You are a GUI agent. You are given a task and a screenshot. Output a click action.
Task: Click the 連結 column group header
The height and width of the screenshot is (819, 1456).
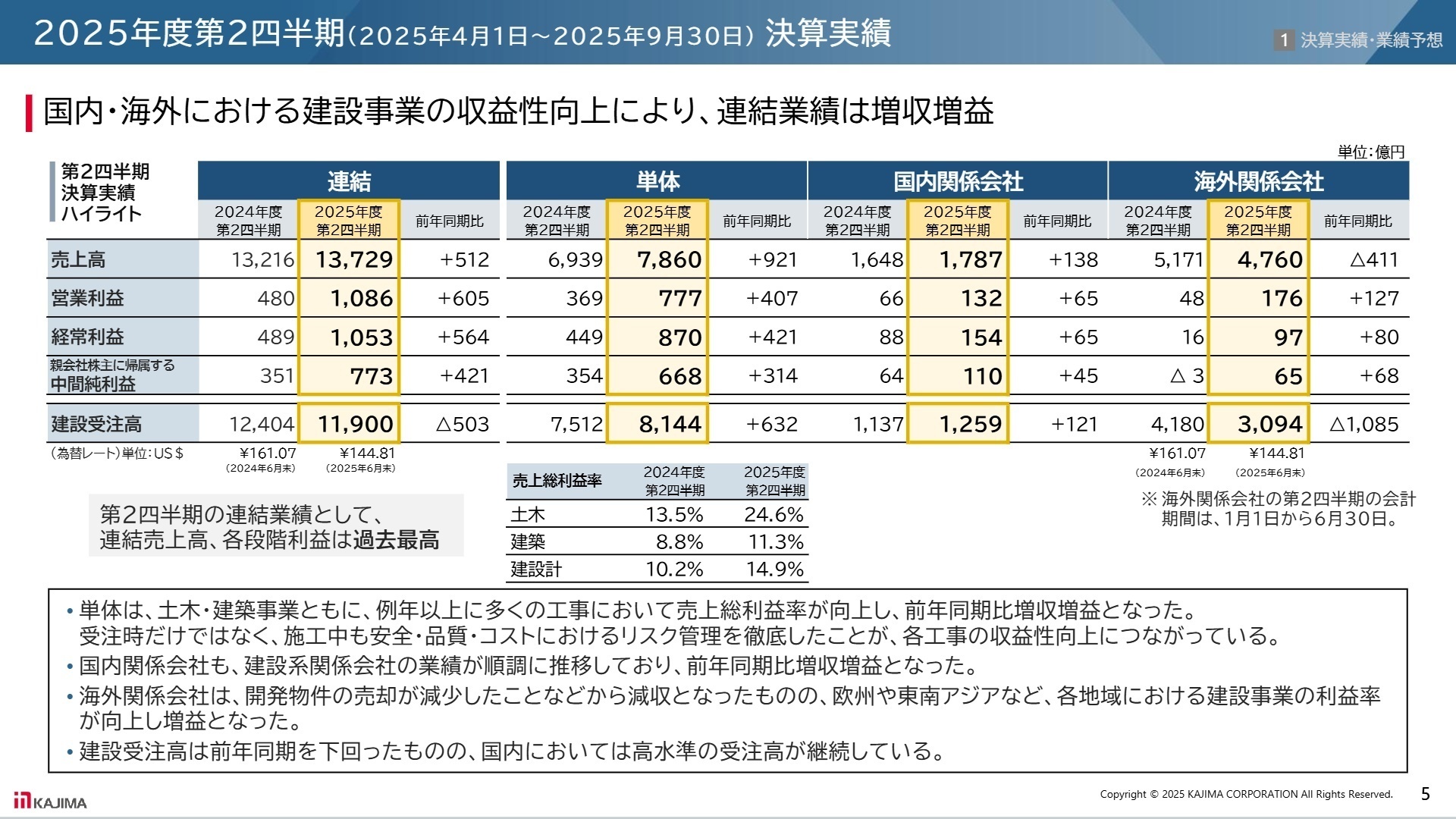(349, 181)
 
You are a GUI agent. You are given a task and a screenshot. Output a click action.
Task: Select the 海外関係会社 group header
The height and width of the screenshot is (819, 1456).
(1258, 181)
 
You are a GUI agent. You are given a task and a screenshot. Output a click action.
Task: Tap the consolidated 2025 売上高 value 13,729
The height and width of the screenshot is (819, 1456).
(354, 259)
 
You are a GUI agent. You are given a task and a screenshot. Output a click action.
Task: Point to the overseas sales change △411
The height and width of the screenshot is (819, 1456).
(1373, 259)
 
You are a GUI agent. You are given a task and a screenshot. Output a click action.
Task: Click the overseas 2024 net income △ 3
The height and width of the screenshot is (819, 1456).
(1187, 375)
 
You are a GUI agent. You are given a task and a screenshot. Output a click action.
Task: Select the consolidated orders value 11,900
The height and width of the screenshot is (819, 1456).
(355, 424)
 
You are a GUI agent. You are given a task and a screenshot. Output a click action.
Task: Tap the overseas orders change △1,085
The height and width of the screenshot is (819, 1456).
(1363, 424)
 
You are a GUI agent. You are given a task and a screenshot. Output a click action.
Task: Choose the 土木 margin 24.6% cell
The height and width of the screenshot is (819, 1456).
(773, 514)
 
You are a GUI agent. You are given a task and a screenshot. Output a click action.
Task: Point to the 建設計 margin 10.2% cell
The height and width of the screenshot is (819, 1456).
(674, 569)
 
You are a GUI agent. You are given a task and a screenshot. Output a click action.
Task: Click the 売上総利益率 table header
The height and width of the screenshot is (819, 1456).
(557, 481)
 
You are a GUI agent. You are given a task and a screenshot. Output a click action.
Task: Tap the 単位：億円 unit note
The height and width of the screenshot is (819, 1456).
(1370, 152)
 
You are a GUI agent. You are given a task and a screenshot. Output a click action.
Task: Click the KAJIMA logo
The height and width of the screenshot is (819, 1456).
(51, 802)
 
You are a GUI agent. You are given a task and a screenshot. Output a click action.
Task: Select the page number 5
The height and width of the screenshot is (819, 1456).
(1425, 794)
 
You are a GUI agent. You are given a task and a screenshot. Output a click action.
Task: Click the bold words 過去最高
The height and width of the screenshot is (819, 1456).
(396, 540)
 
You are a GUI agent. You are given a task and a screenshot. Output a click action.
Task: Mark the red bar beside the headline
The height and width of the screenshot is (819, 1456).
(30, 112)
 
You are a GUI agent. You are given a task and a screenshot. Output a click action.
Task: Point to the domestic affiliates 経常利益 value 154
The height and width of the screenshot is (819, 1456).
(981, 337)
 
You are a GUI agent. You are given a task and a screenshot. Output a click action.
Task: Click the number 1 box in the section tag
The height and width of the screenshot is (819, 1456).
(1283, 39)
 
